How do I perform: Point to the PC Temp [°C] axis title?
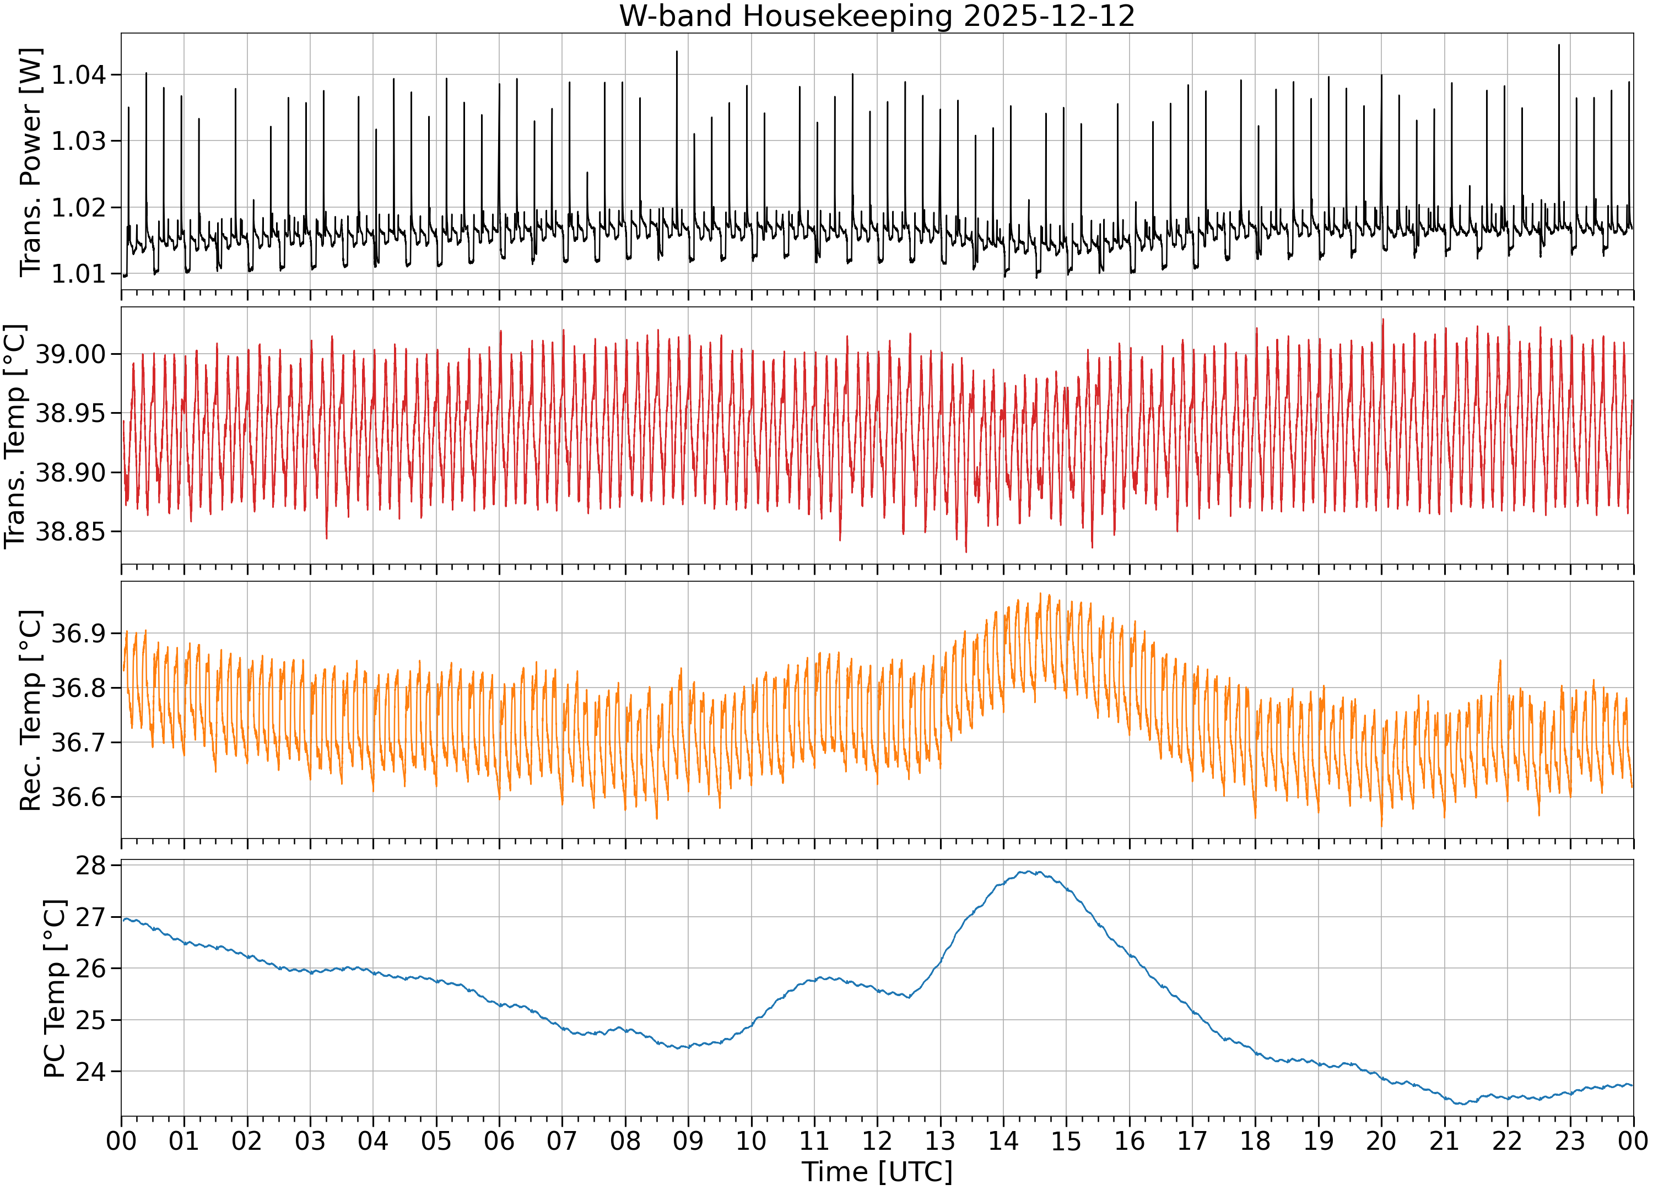(x=55, y=989)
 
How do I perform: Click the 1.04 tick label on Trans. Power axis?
(x=78, y=74)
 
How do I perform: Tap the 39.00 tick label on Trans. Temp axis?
(x=71, y=354)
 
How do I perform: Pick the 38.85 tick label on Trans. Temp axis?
(x=71, y=532)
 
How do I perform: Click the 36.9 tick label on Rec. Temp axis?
(x=78, y=633)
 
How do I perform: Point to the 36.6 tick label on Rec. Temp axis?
(x=78, y=797)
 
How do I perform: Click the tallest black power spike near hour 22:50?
(x=1559, y=45)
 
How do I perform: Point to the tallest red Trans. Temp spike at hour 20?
(x=1382, y=319)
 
